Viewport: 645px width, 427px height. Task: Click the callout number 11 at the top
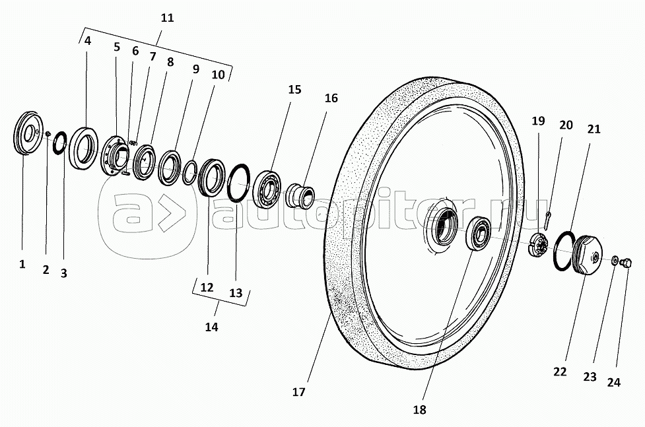[167, 18]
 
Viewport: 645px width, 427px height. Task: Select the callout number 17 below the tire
[298, 392]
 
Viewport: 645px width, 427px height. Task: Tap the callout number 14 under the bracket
[212, 326]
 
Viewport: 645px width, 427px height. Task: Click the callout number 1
[22, 264]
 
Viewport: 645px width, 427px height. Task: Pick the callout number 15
[294, 89]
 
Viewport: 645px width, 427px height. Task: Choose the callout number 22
[560, 372]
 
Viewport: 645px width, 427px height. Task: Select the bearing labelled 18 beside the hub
[478, 234]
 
